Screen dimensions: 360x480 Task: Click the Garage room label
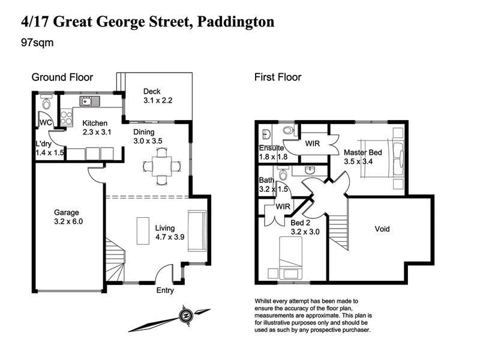(x=67, y=217)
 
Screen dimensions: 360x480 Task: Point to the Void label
(x=382, y=229)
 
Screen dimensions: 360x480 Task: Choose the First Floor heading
(x=278, y=77)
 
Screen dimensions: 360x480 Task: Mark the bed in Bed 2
(x=292, y=257)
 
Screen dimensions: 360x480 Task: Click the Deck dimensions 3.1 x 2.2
(x=158, y=100)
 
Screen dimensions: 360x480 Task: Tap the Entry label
(x=165, y=290)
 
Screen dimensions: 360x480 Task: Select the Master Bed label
(x=363, y=152)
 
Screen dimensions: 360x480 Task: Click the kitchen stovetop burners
(x=66, y=115)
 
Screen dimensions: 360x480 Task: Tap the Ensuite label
(x=271, y=148)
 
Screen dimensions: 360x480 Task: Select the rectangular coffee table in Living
(x=143, y=230)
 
